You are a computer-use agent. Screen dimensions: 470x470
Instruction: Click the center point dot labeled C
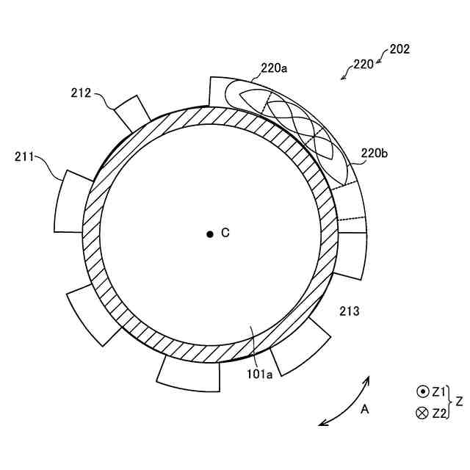[210, 234]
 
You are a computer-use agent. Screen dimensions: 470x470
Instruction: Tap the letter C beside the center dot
[225, 233]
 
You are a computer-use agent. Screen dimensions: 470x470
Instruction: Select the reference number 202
[399, 50]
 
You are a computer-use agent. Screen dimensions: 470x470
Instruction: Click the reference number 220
[363, 65]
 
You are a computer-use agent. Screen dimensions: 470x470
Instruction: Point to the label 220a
[274, 69]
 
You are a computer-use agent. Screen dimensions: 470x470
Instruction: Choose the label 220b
[375, 154]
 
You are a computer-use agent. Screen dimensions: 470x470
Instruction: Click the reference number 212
[82, 93]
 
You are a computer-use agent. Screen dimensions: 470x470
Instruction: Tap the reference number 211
[24, 156]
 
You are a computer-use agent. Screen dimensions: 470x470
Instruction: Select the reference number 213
[349, 311]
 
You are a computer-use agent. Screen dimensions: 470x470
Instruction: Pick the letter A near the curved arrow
[364, 409]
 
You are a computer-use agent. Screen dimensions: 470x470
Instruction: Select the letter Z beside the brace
[459, 402]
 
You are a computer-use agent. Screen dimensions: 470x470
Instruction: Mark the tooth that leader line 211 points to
[73, 201]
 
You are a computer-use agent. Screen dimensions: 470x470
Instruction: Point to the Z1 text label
[439, 392]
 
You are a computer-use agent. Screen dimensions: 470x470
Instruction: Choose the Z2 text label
[439, 413]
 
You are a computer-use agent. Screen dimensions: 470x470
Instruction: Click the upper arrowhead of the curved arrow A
[368, 380]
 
